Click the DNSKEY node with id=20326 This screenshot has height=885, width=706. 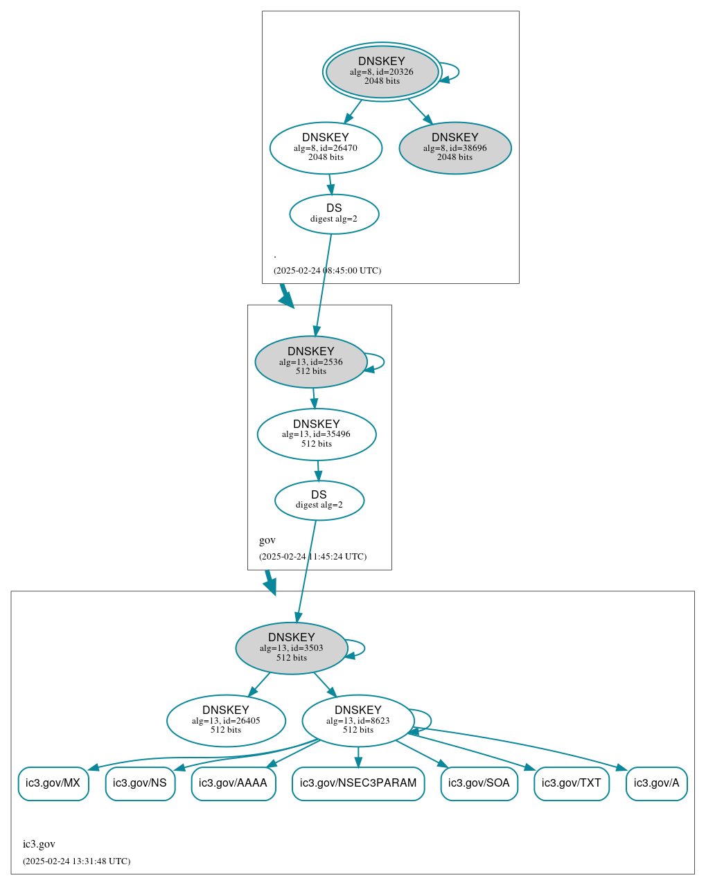[x=382, y=71]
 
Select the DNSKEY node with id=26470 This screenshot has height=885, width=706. [x=326, y=147]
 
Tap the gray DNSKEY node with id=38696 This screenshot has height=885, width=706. [x=455, y=147]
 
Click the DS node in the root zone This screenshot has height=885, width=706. [x=334, y=214]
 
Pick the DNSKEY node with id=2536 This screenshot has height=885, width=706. [x=310, y=361]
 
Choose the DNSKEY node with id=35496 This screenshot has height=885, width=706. [x=316, y=434]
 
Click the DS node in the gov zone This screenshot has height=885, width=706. [x=319, y=500]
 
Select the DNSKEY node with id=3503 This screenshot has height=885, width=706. [x=291, y=647]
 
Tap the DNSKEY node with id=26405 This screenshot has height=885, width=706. [x=226, y=720]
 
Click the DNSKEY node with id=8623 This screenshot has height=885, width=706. [x=358, y=720]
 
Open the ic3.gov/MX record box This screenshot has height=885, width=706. [x=53, y=783]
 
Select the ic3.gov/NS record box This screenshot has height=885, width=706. [x=140, y=783]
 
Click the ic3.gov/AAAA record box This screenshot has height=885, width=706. [x=233, y=783]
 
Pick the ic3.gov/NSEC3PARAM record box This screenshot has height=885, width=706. [x=358, y=783]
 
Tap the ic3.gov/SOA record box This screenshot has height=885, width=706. [x=479, y=783]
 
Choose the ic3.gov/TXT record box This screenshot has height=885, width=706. [x=572, y=783]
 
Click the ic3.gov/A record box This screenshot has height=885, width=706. [x=656, y=783]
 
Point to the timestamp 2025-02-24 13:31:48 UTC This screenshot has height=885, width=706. [x=76, y=861]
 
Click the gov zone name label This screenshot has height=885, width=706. [x=267, y=540]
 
